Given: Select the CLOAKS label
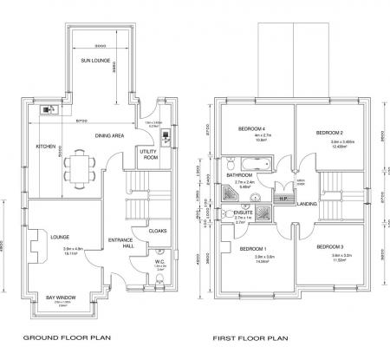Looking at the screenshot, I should click(x=158, y=231).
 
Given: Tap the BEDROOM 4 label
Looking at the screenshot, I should click(x=250, y=128).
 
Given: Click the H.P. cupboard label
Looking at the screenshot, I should click(x=283, y=199).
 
